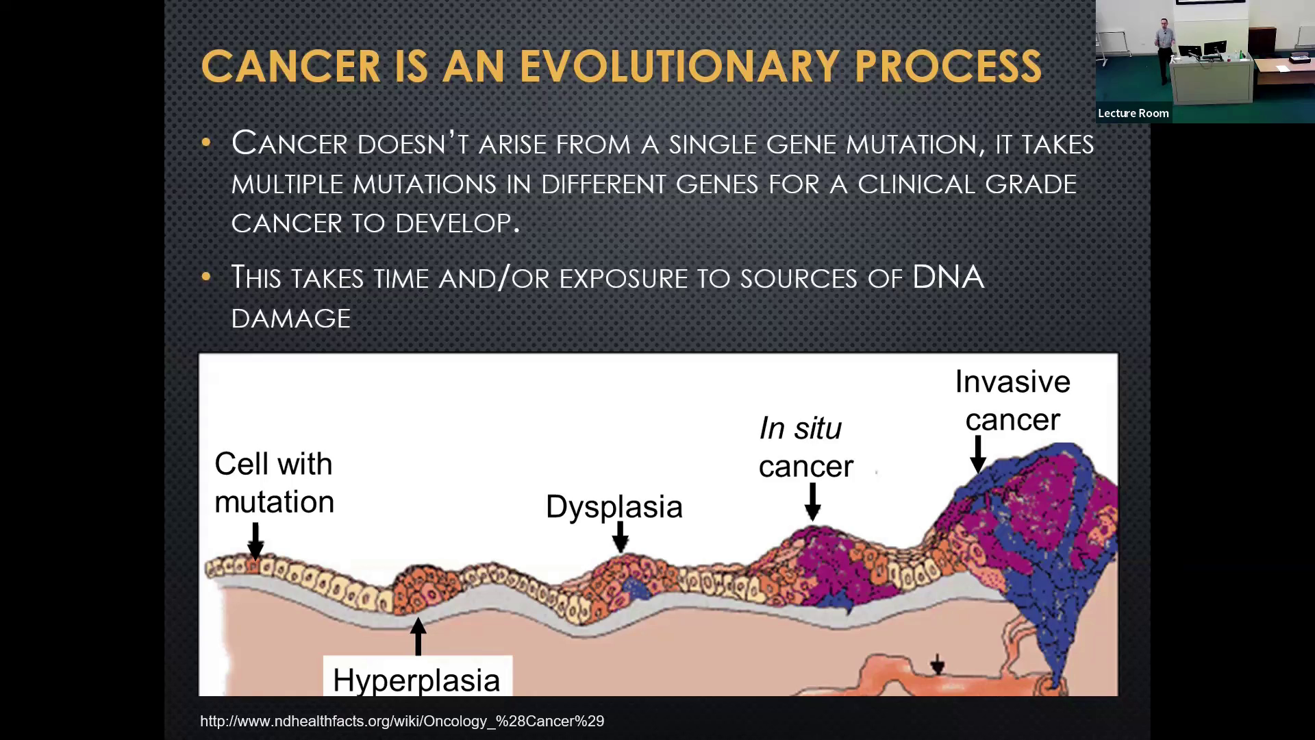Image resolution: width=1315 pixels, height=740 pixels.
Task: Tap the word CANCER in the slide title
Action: pyautogui.click(x=291, y=66)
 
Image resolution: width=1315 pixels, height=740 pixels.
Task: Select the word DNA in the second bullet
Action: pyautogui.click(x=948, y=277)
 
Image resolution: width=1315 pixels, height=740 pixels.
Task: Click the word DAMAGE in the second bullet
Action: pyautogui.click(x=291, y=318)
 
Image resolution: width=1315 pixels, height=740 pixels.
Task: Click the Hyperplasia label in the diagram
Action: pyautogui.click(x=416, y=680)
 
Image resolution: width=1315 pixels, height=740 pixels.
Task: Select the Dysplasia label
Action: pyautogui.click(x=614, y=507)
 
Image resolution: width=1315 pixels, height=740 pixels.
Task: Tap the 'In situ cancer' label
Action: pyautogui.click(x=806, y=447)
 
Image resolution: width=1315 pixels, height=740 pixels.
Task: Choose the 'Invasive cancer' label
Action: pyautogui.click(x=1013, y=401)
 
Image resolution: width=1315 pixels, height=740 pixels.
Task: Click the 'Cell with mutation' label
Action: pyautogui.click(x=274, y=482)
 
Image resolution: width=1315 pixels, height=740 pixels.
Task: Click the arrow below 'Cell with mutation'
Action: pyautogui.click(x=255, y=541)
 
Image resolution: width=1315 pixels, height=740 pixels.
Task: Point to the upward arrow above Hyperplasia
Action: pyautogui.click(x=418, y=636)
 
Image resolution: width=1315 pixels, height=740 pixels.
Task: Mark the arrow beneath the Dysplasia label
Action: pyautogui.click(x=621, y=536)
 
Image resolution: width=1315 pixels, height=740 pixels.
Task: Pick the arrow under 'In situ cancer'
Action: pyautogui.click(x=813, y=502)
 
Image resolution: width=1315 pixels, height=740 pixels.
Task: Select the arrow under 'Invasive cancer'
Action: pyautogui.click(x=978, y=454)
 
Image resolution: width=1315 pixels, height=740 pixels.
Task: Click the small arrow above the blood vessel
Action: pyautogui.click(x=938, y=663)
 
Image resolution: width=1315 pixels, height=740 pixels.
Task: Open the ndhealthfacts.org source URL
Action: pyautogui.click(x=402, y=721)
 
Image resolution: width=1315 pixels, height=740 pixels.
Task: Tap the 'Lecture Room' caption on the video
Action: pyautogui.click(x=1134, y=113)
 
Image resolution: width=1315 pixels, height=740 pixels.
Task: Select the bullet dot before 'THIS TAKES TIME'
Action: pyautogui.click(x=206, y=277)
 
